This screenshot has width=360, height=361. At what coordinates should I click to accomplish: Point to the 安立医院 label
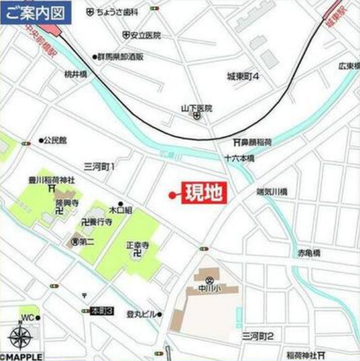[x=145, y=35]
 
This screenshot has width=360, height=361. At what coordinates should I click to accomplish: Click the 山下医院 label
[x=196, y=108]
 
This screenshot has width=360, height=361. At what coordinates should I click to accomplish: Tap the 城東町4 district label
[x=242, y=76]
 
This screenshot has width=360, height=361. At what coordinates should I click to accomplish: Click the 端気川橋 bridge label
[x=272, y=192]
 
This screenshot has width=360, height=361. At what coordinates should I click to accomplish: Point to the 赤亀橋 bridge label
[x=308, y=253]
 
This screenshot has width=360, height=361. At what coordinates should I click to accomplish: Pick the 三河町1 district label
[x=100, y=166]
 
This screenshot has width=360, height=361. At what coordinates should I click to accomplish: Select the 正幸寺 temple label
[x=138, y=245]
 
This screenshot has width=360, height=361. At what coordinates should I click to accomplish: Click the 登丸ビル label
[x=141, y=314]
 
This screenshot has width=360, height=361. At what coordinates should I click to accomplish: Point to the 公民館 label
[x=55, y=140]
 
